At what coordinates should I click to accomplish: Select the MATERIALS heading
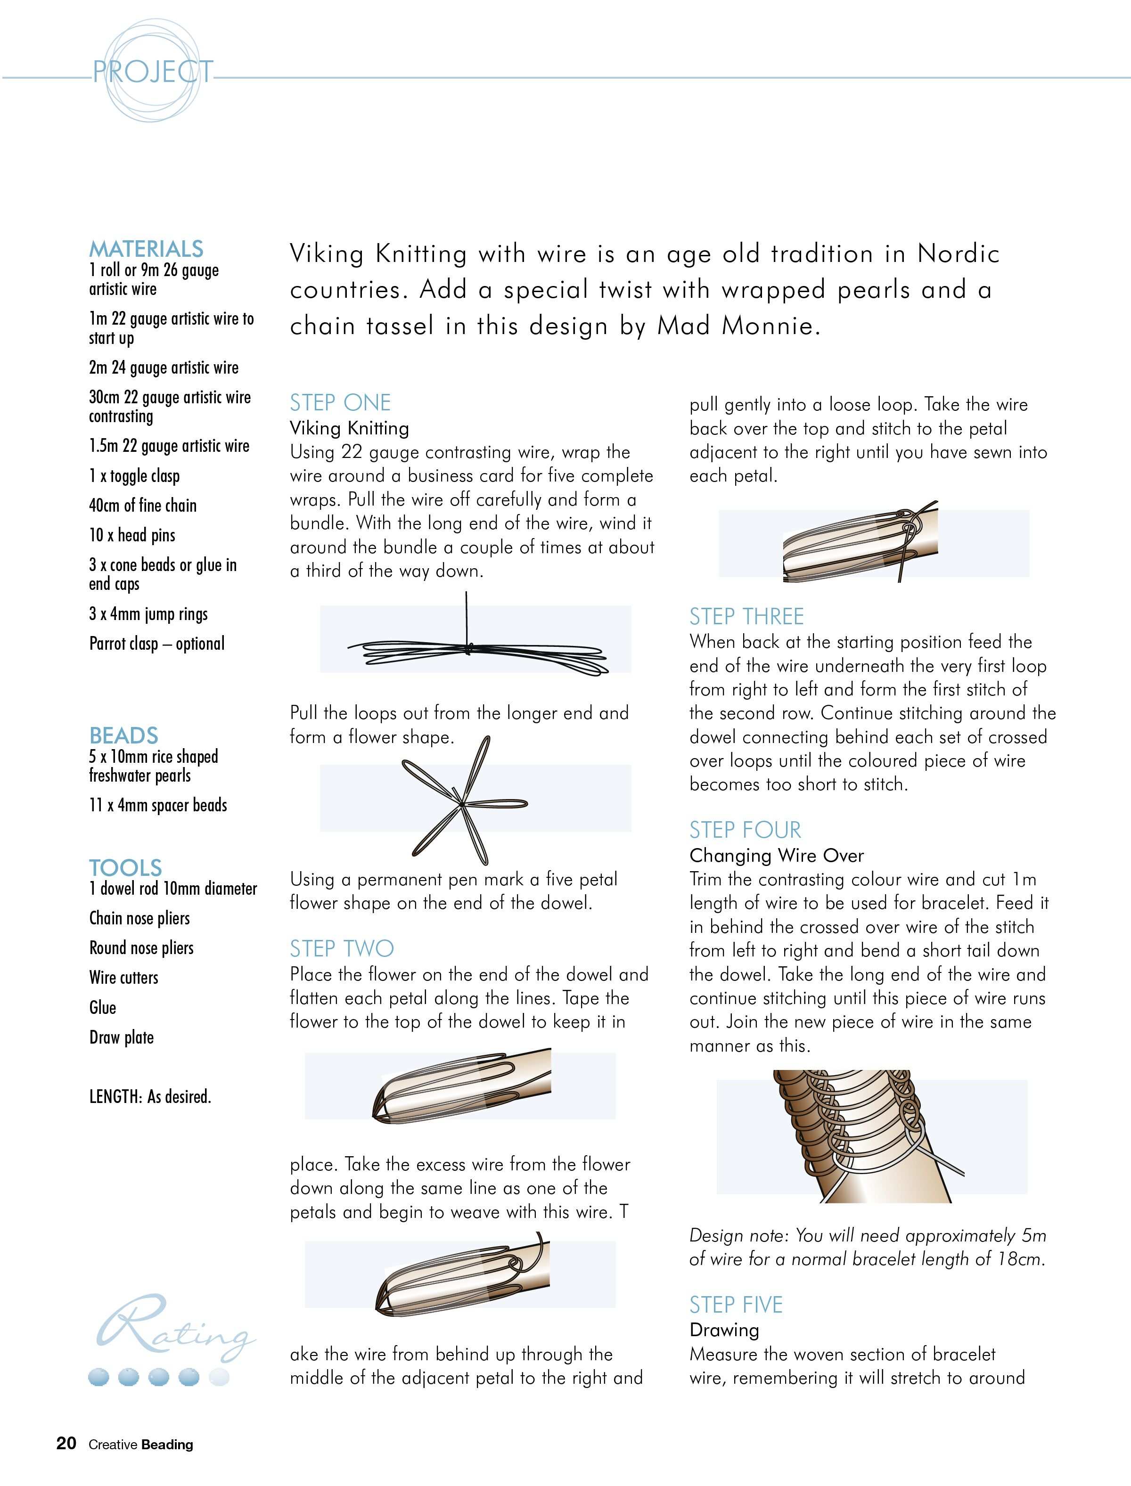click(146, 249)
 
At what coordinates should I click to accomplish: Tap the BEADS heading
click(124, 735)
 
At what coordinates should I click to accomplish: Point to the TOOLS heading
click(126, 867)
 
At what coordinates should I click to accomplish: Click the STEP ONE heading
click(340, 402)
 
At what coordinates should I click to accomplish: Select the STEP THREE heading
click(746, 616)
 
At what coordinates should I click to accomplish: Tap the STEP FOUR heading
click(745, 830)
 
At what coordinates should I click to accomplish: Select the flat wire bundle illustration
click(476, 649)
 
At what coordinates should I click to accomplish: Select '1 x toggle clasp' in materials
click(135, 476)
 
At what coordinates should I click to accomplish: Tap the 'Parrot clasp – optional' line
click(157, 644)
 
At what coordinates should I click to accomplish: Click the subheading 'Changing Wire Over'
click(776, 856)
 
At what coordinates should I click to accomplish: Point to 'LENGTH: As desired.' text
click(150, 1097)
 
